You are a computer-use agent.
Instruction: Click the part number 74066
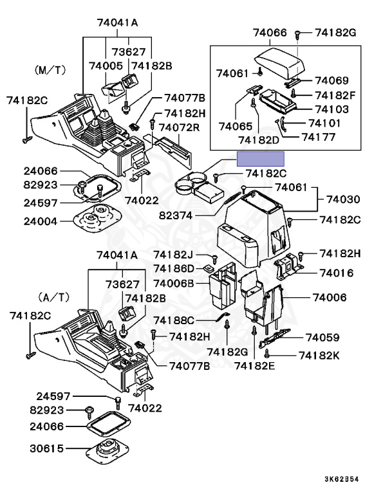(270, 32)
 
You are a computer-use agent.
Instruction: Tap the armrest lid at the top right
(280, 62)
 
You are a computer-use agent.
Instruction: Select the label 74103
(331, 109)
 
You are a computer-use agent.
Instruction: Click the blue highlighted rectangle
(261, 159)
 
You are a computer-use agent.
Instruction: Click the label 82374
(176, 215)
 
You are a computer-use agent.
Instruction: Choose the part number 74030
(343, 199)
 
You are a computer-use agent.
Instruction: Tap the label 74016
(336, 273)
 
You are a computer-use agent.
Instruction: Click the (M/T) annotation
(50, 70)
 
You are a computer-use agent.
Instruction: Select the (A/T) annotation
(54, 297)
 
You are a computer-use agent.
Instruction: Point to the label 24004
(41, 221)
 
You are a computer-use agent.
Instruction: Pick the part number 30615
(47, 448)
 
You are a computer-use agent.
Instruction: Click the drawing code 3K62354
(342, 479)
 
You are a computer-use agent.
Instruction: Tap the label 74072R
(179, 127)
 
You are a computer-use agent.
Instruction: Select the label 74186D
(174, 269)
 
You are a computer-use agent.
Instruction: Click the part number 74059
(322, 338)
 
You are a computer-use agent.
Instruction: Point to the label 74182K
(319, 355)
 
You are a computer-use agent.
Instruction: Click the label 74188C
(174, 320)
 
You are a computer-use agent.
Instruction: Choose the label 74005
(106, 66)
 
